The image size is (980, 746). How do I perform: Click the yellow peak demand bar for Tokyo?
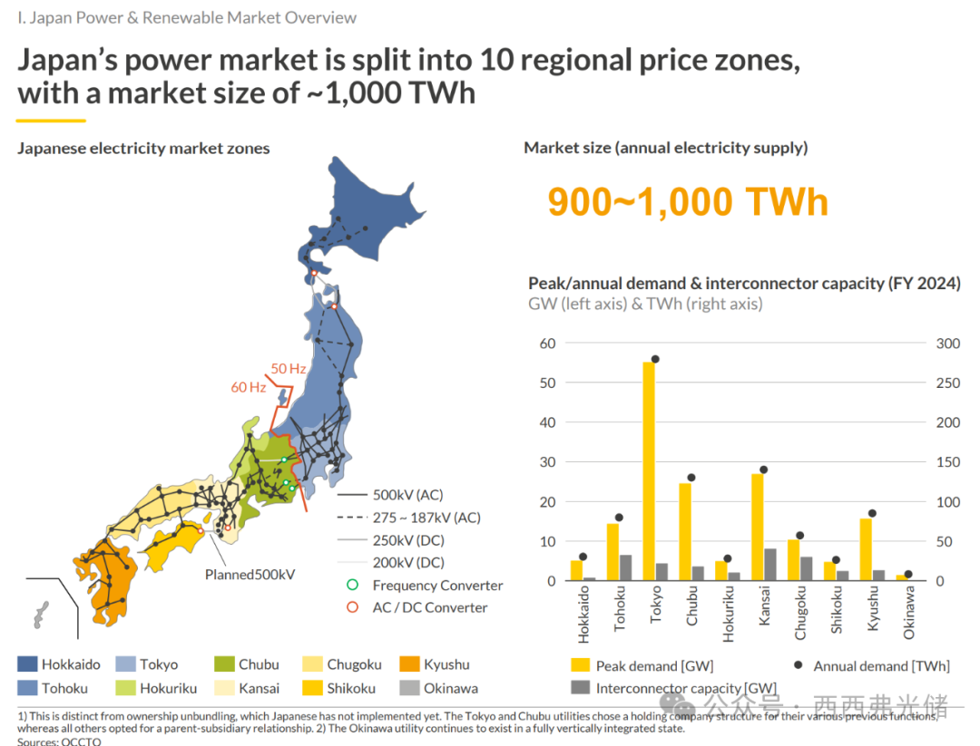tap(649, 471)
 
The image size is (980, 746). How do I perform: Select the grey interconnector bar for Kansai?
tap(770, 565)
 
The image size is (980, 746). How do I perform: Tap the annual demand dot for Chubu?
tap(691, 478)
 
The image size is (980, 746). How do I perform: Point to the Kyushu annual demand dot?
tap(872, 513)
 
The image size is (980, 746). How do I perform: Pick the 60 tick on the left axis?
tap(546, 344)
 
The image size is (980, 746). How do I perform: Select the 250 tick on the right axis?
tap(948, 383)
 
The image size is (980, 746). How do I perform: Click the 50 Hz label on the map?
tap(289, 369)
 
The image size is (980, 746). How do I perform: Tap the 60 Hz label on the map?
tap(249, 387)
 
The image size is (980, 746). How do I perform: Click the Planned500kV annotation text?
tap(250, 575)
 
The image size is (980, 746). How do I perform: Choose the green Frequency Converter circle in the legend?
tap(352, 586)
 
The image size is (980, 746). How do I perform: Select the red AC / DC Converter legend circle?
tap(352, 608)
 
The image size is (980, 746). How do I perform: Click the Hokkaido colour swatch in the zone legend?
tap(27, 664)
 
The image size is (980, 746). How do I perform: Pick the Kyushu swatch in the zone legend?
tap(409, 664)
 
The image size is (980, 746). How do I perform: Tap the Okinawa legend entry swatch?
tap(409, 688)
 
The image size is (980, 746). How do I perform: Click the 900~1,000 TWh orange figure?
tap(687, 201)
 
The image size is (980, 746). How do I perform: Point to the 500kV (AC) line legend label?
tap(407, 495)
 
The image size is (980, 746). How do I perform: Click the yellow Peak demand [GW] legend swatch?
tap(580, 666)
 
